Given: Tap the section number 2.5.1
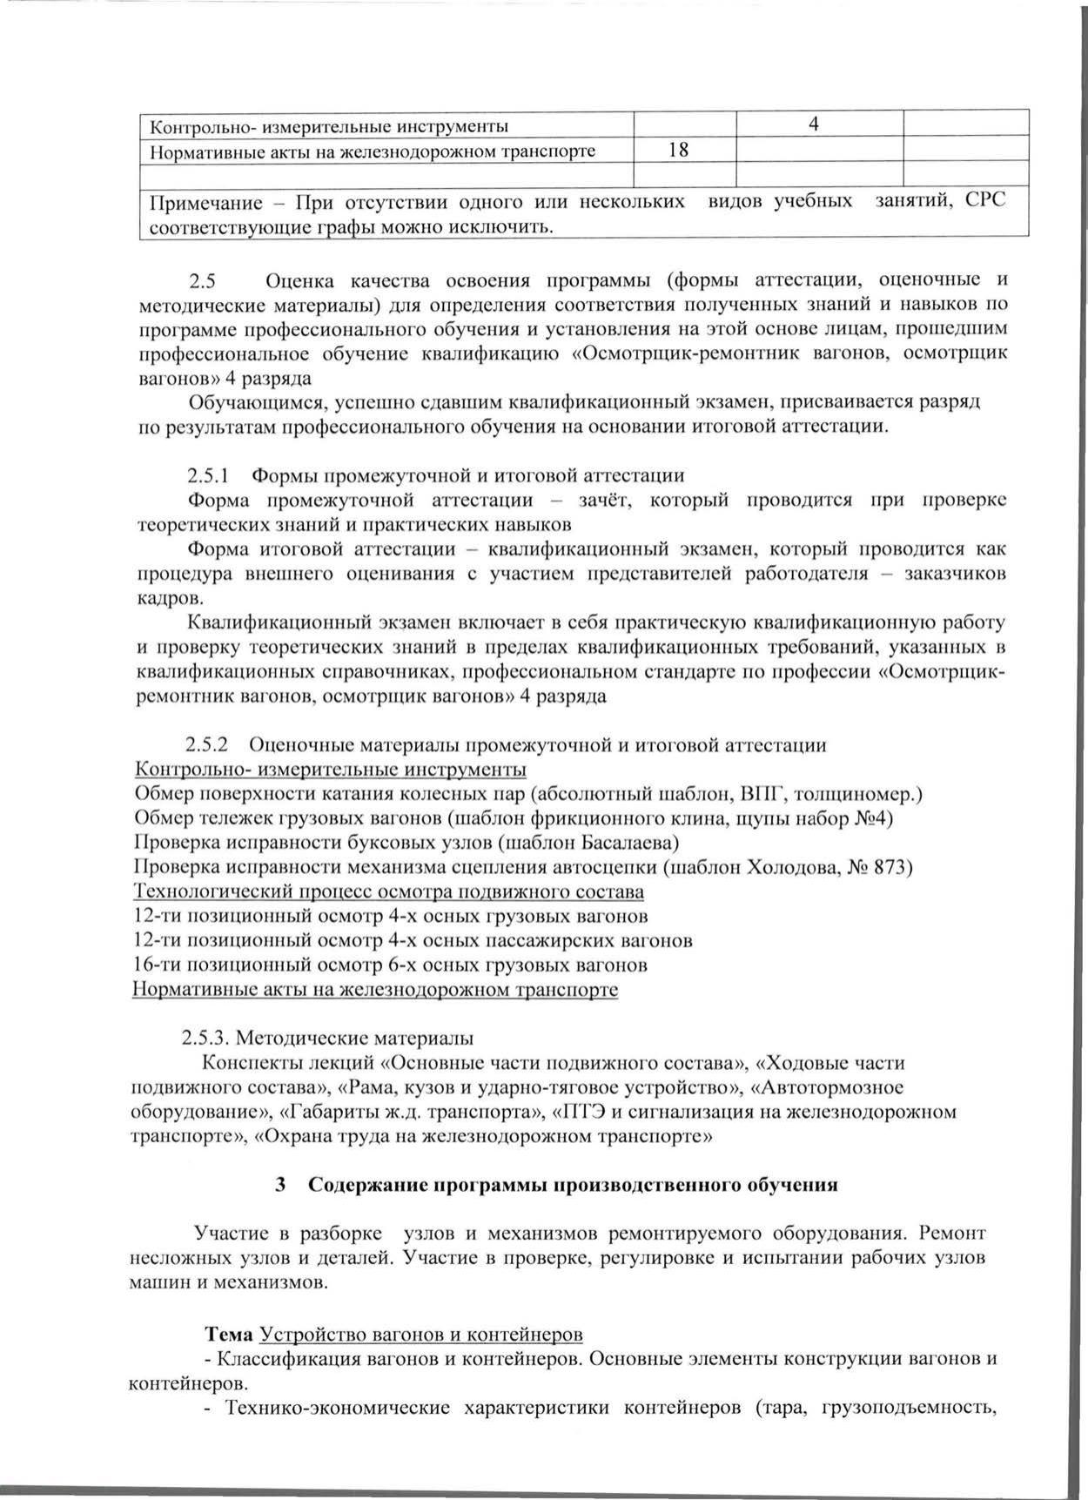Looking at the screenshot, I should click(207, 475).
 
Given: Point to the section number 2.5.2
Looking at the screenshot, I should click(206, 745).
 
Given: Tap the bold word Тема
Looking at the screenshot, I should click(230, 1334).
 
